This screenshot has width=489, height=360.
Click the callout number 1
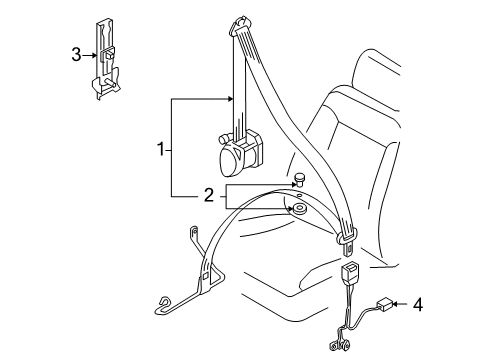tap(161, 149)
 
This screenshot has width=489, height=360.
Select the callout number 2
tap(208, 195)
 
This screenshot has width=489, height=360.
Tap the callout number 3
tap(76, 55)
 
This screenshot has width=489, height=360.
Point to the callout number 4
tap(418, 305)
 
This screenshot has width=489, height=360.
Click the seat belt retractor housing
tap(239, 154)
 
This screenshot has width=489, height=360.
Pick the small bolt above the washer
tap(299, 180)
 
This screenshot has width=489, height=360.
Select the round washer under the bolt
tap(298, 210)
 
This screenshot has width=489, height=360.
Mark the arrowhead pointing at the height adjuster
tap(94, 55)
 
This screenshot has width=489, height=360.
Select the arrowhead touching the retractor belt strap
tap(229, 99)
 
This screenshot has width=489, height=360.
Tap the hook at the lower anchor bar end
tap(163, 303)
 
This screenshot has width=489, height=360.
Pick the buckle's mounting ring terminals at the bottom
tap(339, 345)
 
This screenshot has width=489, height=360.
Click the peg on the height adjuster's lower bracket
tap(111, 84)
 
